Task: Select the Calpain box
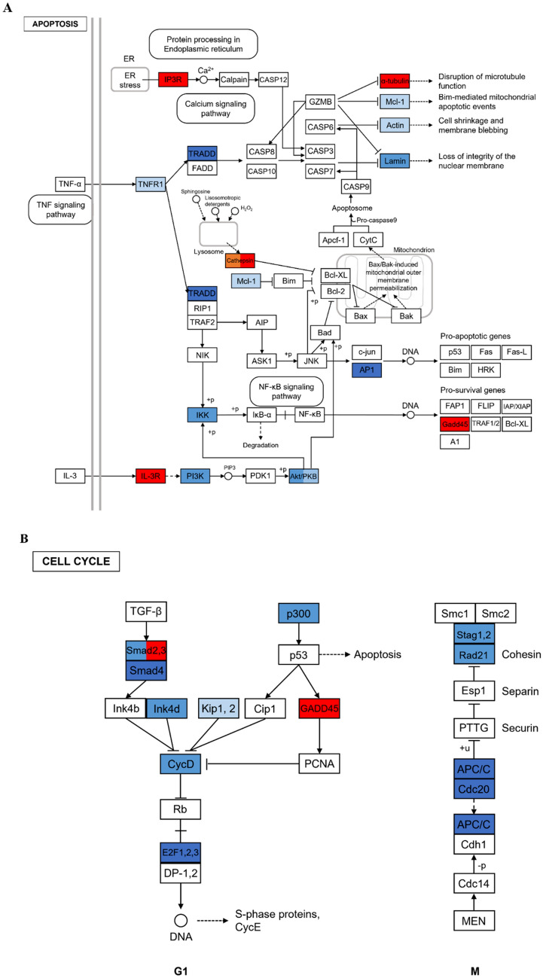(233, 78)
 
